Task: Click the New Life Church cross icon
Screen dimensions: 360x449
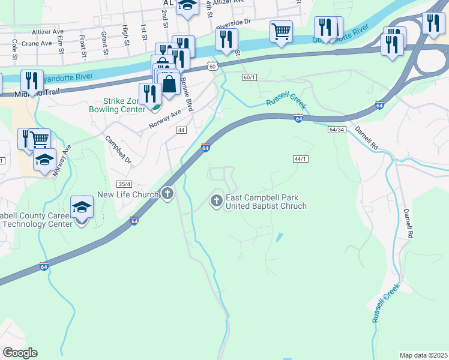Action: click(x=167, y=194)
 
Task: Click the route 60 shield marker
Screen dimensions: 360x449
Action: click(x=212, y=66)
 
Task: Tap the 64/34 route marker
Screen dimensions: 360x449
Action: click(x=337, y=130)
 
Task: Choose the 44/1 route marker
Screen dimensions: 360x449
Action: click(x=301, y=159)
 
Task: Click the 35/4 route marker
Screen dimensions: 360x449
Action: click(x=125, y=184)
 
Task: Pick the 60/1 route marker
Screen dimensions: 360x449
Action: click(x=250, y=77)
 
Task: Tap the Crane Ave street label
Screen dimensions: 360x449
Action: click(x=37, y=43)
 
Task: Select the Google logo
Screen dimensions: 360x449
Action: click(x=20, y=353)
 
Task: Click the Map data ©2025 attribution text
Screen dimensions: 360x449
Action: click(x=424, y=355)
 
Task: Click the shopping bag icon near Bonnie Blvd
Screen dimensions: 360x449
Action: click(x=169, y=83)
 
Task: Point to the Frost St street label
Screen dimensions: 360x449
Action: click(x=81, y=43)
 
